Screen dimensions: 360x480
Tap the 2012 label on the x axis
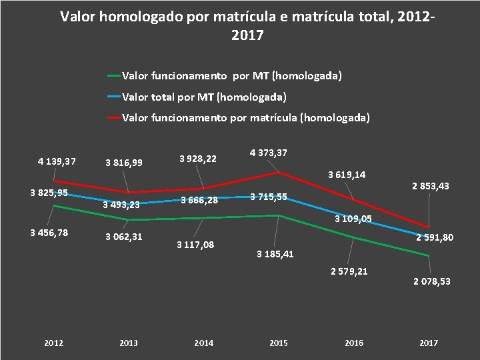pyautogui.click(x=53, y=343)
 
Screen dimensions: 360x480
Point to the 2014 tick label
pyautogui.click(x=203, y=343)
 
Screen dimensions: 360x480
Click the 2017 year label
pyautogui.click(x=429, y=343)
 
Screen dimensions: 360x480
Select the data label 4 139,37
pyautogui.click(x=57, y=161)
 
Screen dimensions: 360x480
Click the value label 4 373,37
pyautogui.click(x=269, y=153)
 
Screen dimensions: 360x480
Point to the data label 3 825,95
pyautogui.click(x=49, y=193)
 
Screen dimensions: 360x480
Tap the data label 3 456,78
pyautogui.click(x=49, y=233)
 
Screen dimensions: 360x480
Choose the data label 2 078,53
pyautogui.click(x=432, y=281)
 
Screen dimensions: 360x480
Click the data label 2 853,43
pyautogui.click(x=430, y=186)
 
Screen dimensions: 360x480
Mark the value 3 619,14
pyautogui.click(x=347, y=175)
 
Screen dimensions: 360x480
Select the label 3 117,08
pyautogui.click(x=195, y=245)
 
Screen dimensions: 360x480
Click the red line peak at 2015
pyautogui.click(x=279, y=172)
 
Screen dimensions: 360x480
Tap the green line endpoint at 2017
pyautogui.click(x=429, y=256)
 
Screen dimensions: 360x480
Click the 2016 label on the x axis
pyautogui.click(x=354, y=343)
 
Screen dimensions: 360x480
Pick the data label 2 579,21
pyautogui.click(x=349, y=271)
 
